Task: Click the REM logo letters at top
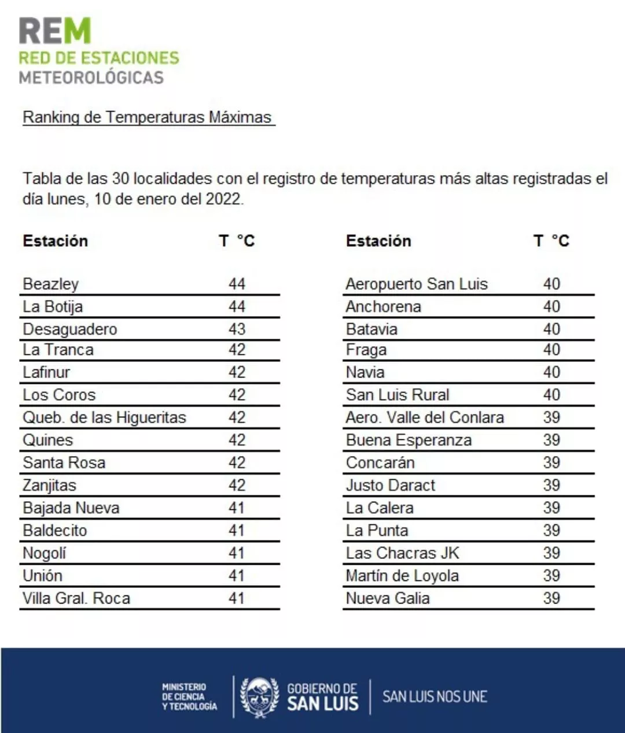56,31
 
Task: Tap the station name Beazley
50,284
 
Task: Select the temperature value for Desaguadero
237,329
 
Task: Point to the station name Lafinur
46,372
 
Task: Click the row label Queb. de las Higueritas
104,417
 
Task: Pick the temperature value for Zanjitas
237,485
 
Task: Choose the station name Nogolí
45,553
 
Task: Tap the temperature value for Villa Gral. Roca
236,598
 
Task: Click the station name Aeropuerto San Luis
417,284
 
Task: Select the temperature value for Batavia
552,329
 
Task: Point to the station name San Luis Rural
398,395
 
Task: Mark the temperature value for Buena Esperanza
552,440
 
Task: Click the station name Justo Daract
391,485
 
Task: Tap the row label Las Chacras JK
402,553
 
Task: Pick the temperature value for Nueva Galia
552,598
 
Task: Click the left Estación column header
56,240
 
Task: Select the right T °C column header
552,240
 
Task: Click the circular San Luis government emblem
259,697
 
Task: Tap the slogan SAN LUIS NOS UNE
435,697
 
